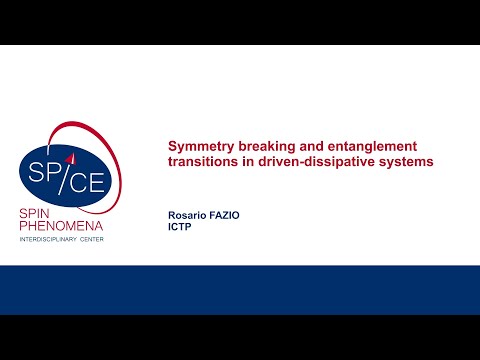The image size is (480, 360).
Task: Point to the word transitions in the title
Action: (200, 163)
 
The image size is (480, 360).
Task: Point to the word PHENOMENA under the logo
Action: (62, 227)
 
